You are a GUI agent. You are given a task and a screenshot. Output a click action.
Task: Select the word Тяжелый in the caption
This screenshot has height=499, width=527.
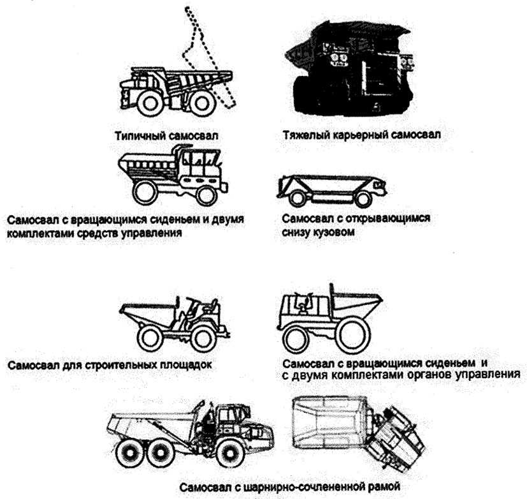301,136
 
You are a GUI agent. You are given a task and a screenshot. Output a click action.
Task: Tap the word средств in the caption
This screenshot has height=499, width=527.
117,233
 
